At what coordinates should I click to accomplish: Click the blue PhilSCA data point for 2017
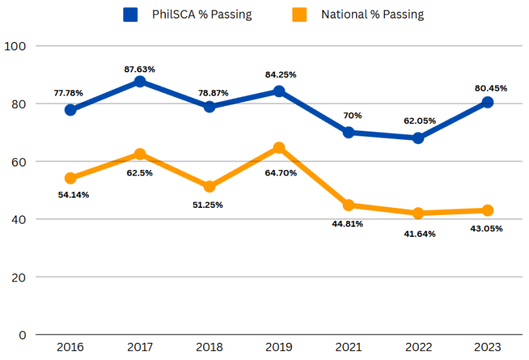coord(140,81)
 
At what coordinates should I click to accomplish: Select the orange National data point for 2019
coord(279,147)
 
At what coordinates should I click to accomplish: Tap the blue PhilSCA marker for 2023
coord(488,102)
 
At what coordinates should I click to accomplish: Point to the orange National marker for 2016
coord(70,178)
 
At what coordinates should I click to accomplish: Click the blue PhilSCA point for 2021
coord(349,132)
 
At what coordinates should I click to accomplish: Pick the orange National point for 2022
coord(418,213)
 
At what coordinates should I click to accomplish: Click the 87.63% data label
coord(140,69)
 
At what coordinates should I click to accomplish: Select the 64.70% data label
coord(279,173)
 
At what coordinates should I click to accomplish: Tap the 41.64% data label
coord(418,233)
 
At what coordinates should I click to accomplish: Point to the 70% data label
coord(349,116)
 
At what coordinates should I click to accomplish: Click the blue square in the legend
coord(129,14)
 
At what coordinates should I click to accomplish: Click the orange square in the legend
coord(298,14)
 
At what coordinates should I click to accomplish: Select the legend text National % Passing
coord(372,14)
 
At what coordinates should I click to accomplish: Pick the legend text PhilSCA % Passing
coord(202,14)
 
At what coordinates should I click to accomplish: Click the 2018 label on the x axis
coord(209,347)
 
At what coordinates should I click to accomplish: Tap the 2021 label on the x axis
coord(349,347)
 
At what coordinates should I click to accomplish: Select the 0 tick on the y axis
coord(22,335)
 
